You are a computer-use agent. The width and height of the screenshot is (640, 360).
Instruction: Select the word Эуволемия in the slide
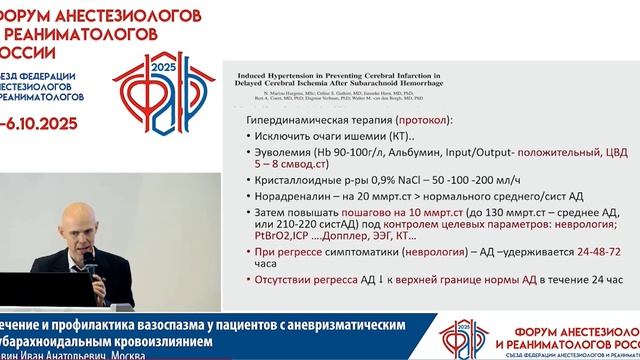coord(287,152)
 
